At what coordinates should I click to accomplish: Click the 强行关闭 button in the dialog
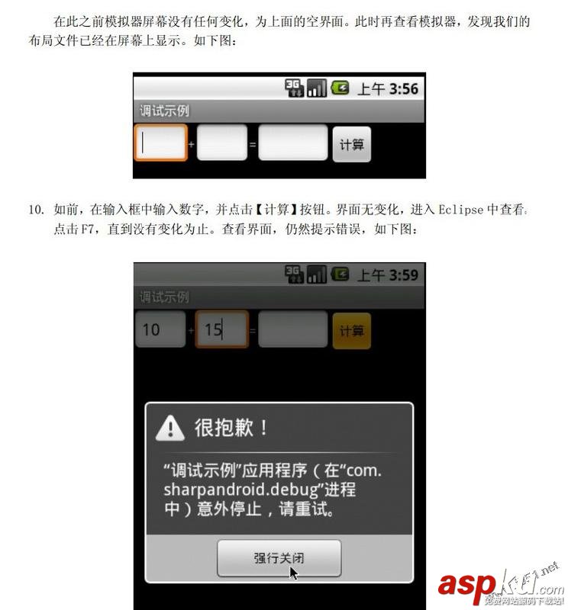point(279,558)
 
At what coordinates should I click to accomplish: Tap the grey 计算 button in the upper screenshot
point(351,144)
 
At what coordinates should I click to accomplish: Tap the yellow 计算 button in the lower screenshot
point(351,331)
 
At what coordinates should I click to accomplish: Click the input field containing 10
point(160,329)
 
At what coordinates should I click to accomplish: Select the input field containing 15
point(221,329)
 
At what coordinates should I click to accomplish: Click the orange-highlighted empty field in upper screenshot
point(160,143)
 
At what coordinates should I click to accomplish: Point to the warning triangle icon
point(169,428)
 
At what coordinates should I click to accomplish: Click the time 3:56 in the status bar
point(403,88)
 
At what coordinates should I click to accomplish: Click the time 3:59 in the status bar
point(403,275)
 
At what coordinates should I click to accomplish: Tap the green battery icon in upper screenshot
point(340,88)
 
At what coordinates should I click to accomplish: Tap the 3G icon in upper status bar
point(294,88)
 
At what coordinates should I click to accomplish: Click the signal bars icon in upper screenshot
point(316,88)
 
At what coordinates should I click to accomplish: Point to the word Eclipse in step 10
point(461,210)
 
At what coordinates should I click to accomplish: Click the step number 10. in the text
point(36,210)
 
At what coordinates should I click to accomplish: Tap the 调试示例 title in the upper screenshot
point(164,111)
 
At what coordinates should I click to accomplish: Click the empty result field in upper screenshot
point(293,143)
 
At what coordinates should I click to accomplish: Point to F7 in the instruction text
point(87,229)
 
